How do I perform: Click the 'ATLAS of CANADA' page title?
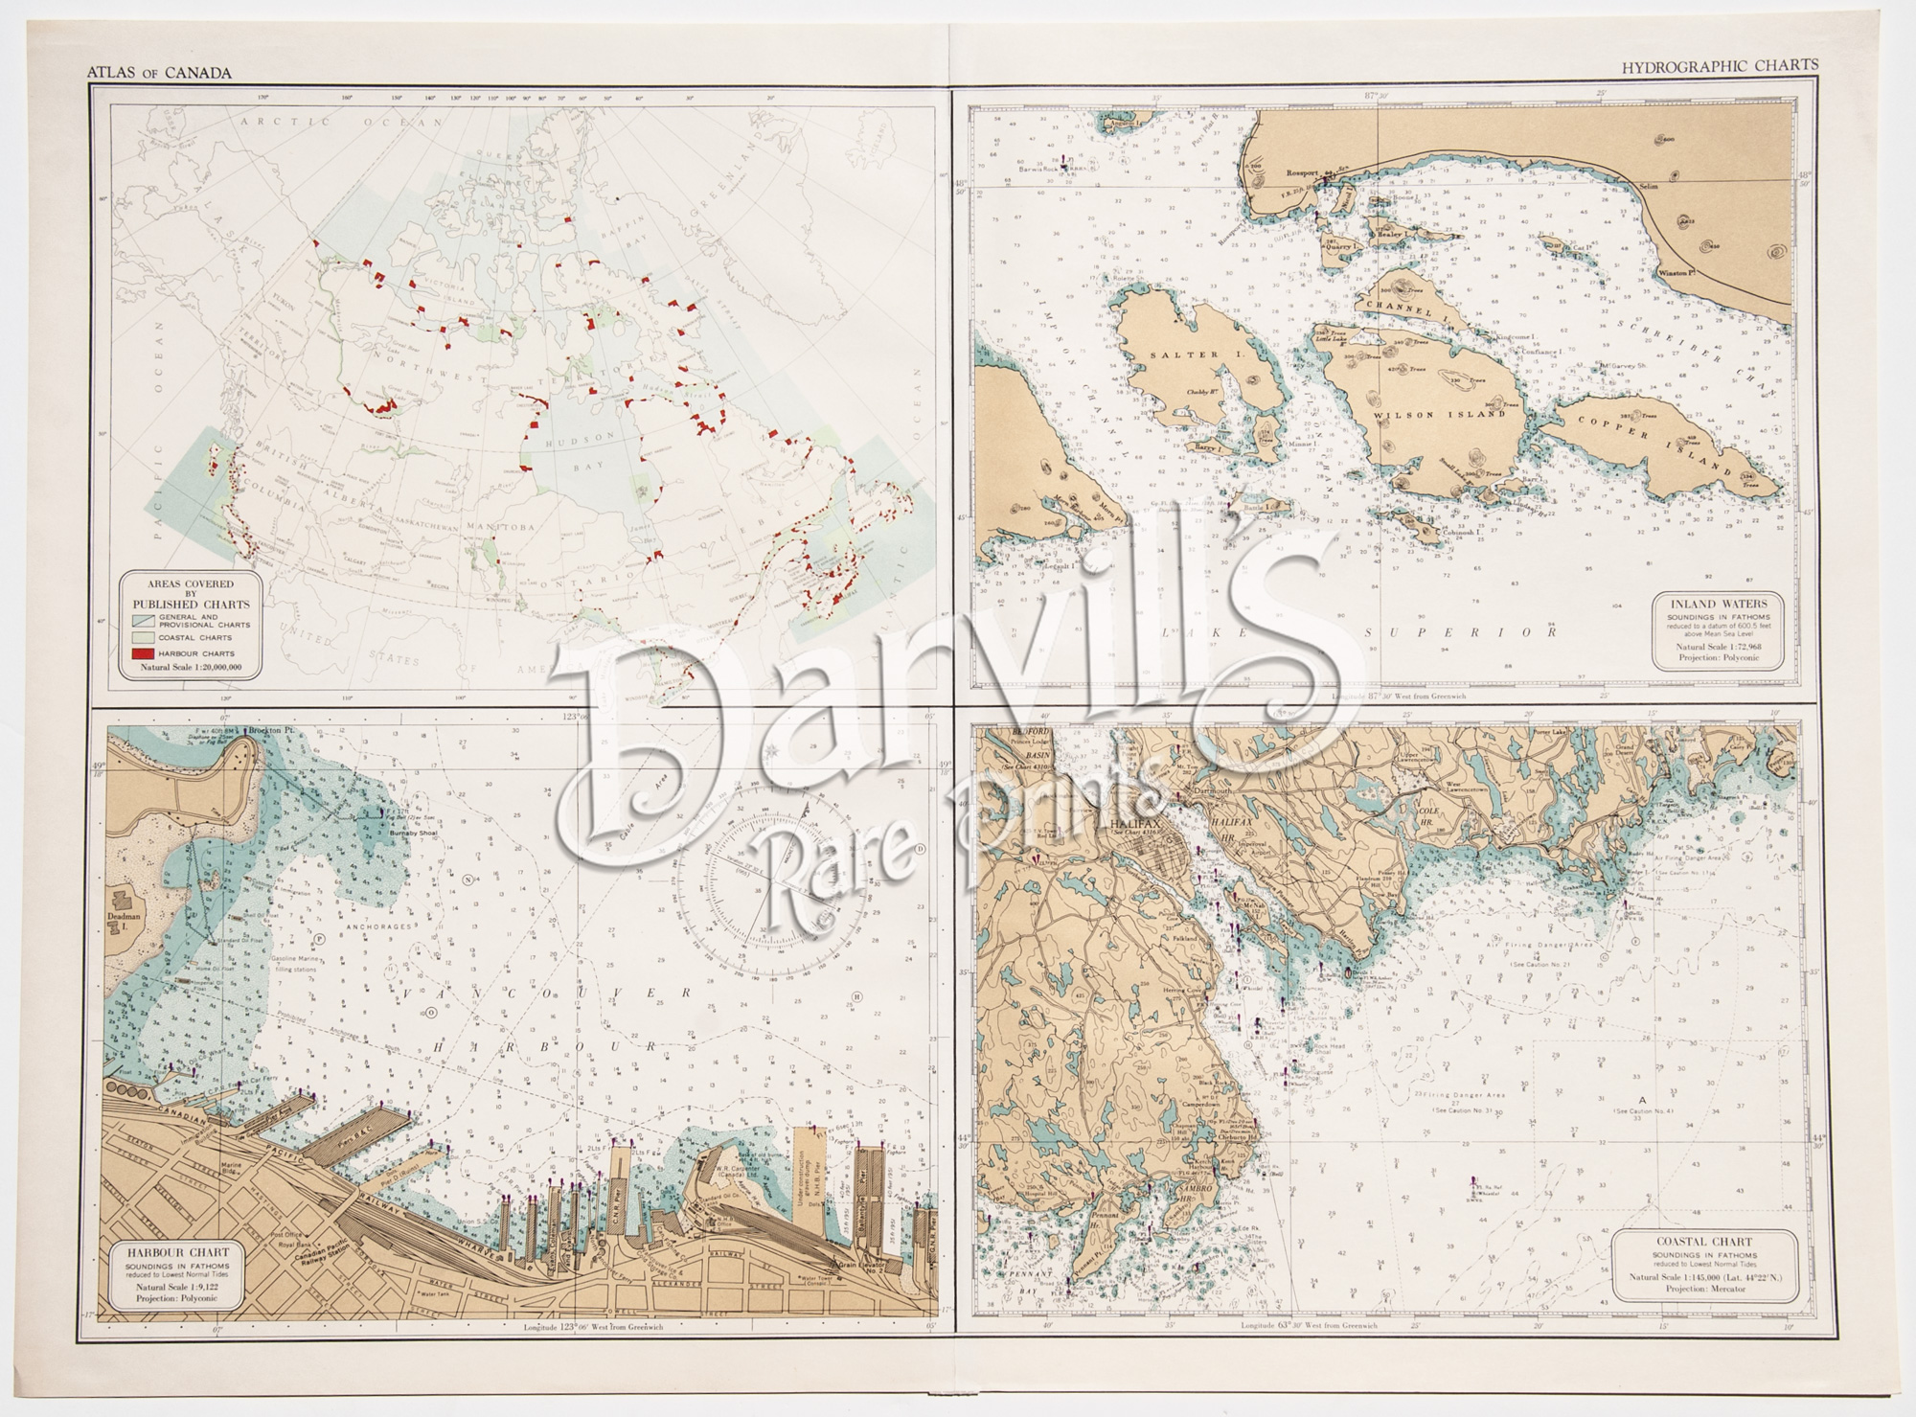pos(159,71)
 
